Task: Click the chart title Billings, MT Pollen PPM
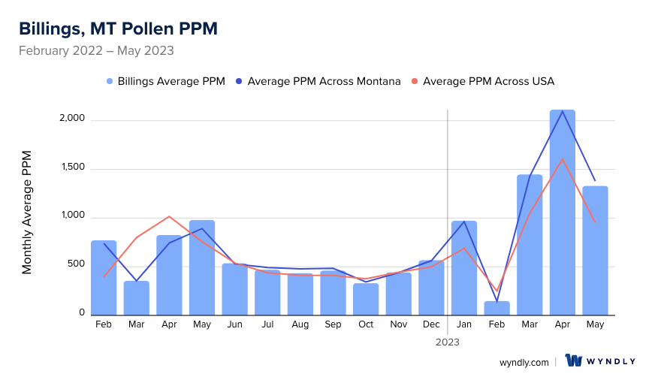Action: pyautogui.click(x=118, y=29)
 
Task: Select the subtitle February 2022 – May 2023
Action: pyautogui.click(x=96, y=51)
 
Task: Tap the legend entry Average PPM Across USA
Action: pyautogui.click(x=488, y=81)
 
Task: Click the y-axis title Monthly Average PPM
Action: pyautogui.click(x=27, y=212)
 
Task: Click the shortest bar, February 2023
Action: pyautogui.click(x=497, y=308)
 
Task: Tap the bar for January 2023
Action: pyautogui.click(x=464, y=267)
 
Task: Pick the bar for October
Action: pyautogui.click(x=366, y=299)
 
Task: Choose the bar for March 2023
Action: pyautogui.click(x=530, y=245)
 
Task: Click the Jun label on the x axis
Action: pyautogui.click(x=234, y=324)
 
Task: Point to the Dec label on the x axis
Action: pyautogui.click(x=431, y=324)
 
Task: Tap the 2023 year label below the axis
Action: pyautogui.click(x=448, y=342)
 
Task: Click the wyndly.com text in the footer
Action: pyautogui.click(x=524, y=362)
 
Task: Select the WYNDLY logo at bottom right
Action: pyautogui.click(x=600, y=361)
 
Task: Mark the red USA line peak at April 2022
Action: pyautogui.click(x=169, y=217)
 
